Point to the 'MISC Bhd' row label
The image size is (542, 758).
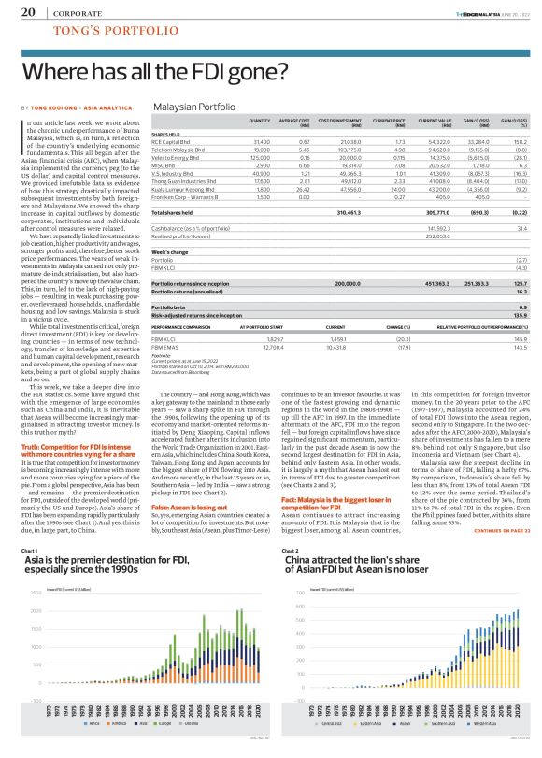pyautogui.click(x=164, y=164)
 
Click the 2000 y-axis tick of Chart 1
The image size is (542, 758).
pyautogui.click(x=36, y=610)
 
